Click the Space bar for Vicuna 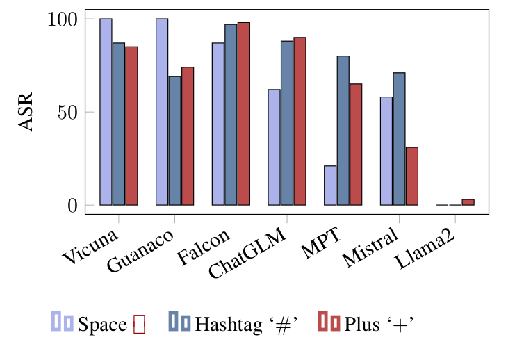106,112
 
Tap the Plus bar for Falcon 243,114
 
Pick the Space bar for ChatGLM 275,147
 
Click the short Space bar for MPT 330,186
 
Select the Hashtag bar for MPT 343,131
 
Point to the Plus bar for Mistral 411,176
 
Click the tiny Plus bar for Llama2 468,202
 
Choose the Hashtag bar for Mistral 399,139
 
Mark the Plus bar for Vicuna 131,126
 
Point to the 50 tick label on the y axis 67,112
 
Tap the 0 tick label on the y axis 72,205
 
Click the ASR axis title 26,112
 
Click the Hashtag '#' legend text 247,324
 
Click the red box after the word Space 139,324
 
